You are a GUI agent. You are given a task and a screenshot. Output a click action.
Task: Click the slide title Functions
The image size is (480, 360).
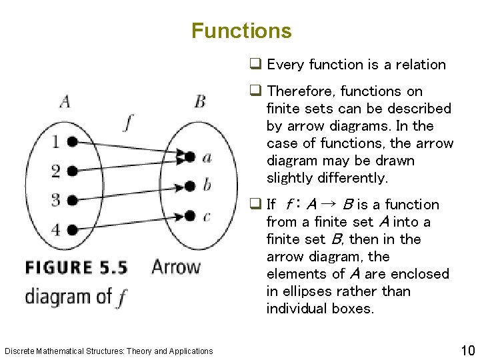[241, 31]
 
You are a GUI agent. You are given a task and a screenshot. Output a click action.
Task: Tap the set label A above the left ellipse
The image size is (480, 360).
[65, 102]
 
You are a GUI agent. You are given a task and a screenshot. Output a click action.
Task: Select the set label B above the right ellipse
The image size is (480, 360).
[200, 102]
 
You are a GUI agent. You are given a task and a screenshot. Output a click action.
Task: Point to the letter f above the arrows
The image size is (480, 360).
[129, 122]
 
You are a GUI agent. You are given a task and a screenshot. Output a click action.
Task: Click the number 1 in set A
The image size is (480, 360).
[56, 141]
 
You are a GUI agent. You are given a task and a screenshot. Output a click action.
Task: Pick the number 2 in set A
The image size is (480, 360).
[56, 171]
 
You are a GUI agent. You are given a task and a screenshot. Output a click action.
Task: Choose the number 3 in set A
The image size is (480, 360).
[56, 199]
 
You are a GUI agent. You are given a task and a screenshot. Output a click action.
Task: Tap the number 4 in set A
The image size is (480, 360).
[56, 229]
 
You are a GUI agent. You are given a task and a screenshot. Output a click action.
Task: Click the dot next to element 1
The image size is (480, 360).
[72, 142]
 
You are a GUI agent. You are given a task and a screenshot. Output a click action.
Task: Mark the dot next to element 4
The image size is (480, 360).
[72, 229]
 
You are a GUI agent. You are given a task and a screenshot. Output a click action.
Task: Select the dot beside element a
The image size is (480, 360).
[190, 157]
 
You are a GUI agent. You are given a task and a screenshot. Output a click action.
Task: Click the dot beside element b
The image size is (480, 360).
[190, 185]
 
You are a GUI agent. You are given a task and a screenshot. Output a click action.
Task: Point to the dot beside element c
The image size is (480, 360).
[190, 215]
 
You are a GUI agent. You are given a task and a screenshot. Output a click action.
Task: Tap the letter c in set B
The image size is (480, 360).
[207, 216]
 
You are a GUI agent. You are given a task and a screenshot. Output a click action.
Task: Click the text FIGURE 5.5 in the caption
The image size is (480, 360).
[76, 268]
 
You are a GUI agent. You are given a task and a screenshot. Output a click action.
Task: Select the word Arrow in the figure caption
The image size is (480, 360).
[176, 267]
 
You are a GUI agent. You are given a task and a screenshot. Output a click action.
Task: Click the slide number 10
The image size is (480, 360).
[467, 351]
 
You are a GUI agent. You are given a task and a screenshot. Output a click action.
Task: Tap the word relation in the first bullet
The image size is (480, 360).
[419, 65]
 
